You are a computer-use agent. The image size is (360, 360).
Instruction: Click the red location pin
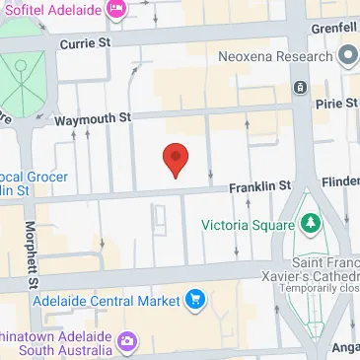[175, 159]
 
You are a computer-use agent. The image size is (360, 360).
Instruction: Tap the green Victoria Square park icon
[312, 224]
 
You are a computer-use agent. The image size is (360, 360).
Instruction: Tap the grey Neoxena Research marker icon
[346, 58]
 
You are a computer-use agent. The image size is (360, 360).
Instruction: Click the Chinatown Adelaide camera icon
[127, 343]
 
